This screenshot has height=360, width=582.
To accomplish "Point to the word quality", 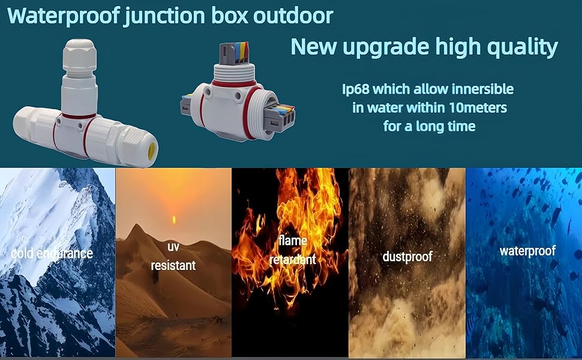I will click(x=519, y=47).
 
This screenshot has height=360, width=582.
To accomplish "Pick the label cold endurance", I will click(x=52, y=253).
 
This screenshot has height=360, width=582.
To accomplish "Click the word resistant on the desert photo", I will click(x=173, y=265).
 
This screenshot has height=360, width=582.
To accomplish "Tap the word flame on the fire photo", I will click(x=293, y=241).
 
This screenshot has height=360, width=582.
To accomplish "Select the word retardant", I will click(x=293, y=260).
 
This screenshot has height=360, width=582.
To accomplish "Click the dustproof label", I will click(x=407, y=257).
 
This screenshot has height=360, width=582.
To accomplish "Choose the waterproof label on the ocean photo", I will click(x=527, y=251).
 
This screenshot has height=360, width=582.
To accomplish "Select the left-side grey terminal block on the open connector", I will click(x=188, y=107).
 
